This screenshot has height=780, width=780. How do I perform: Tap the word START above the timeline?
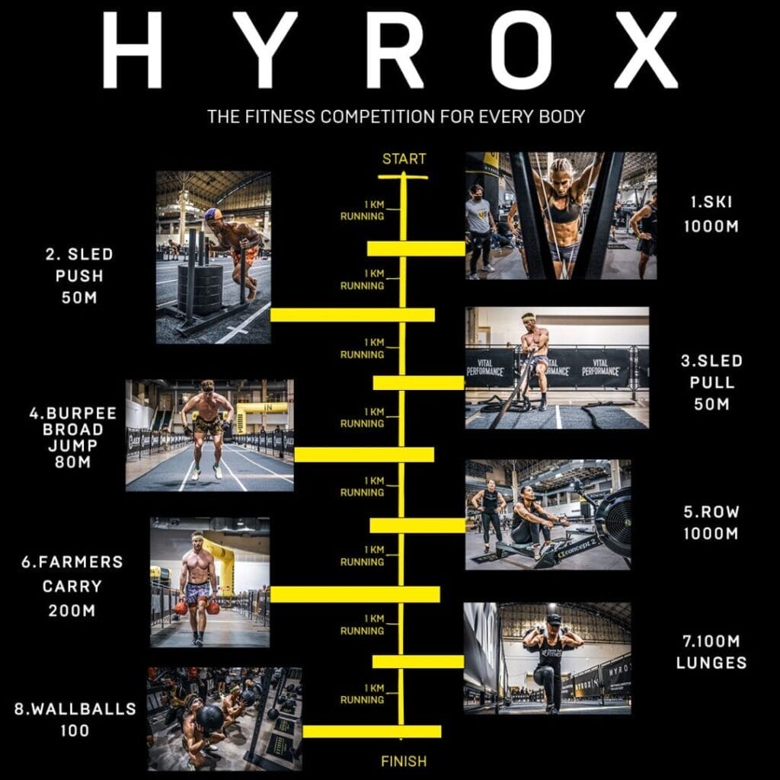404,159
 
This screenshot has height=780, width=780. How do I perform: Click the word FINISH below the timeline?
404,760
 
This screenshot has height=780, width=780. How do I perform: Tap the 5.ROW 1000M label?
711,523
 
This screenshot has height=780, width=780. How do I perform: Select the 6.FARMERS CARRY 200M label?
72,587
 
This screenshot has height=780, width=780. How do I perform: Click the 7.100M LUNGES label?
711,652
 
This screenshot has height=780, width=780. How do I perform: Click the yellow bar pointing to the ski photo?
416,248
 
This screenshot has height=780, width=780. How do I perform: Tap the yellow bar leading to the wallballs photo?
372,731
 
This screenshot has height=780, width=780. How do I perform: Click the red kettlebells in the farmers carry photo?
197,607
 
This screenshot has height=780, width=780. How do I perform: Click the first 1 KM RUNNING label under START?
363,210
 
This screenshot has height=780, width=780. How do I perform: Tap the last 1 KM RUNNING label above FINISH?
363,694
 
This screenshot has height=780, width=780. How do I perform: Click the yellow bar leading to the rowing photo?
417,526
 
